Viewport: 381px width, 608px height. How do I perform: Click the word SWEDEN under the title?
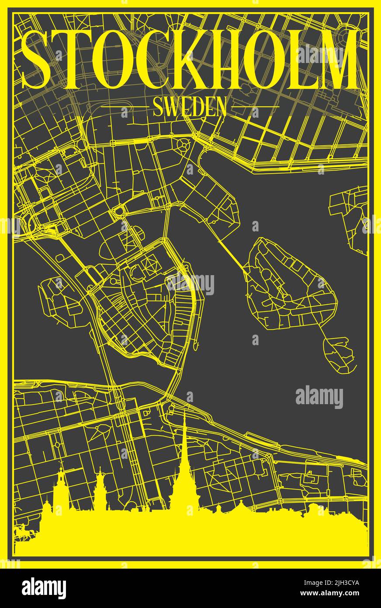click(190, 107)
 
